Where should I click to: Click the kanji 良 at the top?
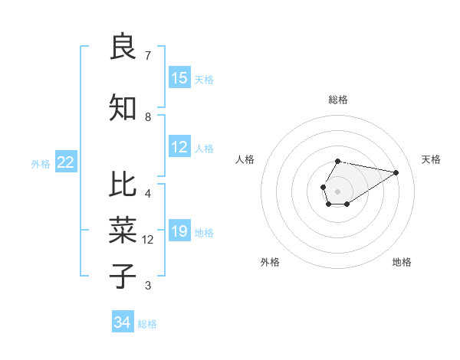point(123,47)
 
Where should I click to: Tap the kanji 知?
point(123,108)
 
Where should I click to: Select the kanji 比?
point(123,185)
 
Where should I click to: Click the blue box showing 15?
point(179,78)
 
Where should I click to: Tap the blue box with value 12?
point(179,148)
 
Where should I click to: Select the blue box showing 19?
point(179,231)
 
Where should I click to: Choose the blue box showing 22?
point(66,162)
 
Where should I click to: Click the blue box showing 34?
point(123,322)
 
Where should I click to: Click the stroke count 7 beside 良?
point(148,56)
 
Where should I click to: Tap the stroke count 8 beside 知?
point(148,117)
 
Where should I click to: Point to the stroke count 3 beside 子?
point(148,286)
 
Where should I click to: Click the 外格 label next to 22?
point(41,163)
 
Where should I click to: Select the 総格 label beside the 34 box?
point(147,324)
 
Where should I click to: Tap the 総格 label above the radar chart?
point(338,100)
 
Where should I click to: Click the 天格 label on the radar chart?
point(431,159)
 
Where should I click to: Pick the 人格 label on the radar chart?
point(245,159)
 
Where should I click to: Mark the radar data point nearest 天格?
point(396,172)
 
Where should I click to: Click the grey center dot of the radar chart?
point(338,190)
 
